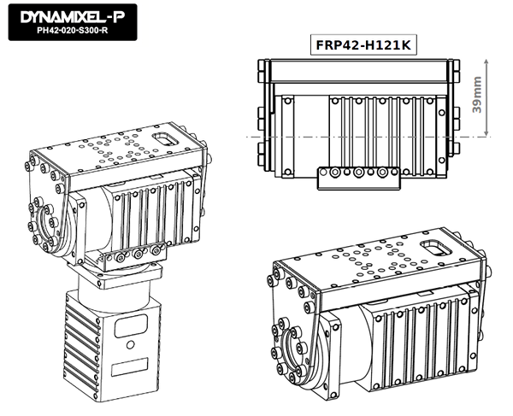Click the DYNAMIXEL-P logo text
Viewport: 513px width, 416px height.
[73, 17]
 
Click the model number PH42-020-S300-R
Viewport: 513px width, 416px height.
[73, 31]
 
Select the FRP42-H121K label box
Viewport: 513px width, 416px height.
[363, 44]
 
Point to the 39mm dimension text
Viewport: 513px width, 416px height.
[477, 95]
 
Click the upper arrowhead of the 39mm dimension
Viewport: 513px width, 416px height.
[486, 62]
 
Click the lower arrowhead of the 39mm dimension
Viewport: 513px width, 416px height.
[486, 133]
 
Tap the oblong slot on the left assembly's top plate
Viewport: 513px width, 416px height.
[166, 139]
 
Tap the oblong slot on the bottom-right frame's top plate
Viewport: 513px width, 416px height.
[436, 248]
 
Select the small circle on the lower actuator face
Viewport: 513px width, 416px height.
[130, 344]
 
